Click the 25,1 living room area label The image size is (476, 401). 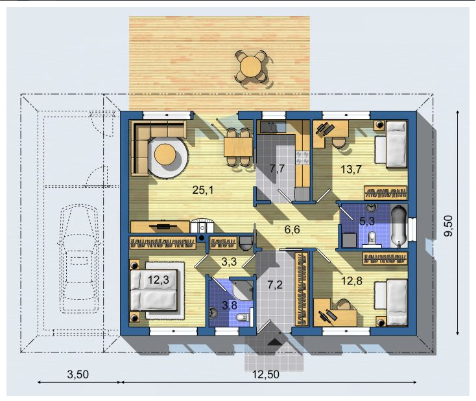coord(203,190)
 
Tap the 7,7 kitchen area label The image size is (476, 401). coord(277,168)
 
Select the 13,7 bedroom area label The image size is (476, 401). coord(351,169)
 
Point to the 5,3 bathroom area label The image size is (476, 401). coord(366,221)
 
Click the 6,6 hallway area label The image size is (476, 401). coord(292,229)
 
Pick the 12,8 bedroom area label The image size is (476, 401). coord(352,281)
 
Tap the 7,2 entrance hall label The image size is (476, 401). coord(275,284)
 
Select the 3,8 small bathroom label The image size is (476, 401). coord(230,305)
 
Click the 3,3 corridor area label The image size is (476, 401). coord(229,262)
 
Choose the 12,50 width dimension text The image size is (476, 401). coord(266,374)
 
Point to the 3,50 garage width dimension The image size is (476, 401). coord(78,374)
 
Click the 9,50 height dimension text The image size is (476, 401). coord(448,225)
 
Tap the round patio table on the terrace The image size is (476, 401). coord(250,67)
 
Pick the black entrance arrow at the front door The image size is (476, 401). coord(275,341)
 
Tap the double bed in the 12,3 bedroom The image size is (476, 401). coord(153,290)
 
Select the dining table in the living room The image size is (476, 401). coord(238,147)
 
